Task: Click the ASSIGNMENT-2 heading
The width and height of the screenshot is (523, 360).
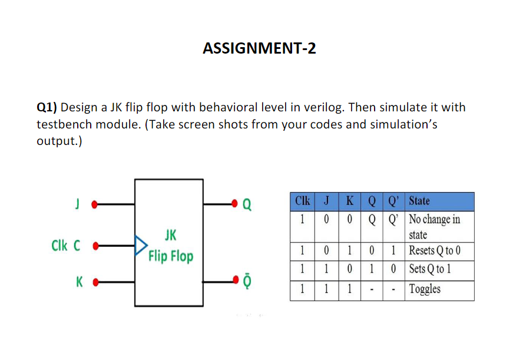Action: pos(259,48)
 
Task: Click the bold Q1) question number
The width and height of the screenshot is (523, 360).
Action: pos(47,108)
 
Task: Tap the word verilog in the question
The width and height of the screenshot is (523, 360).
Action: pos(322,108)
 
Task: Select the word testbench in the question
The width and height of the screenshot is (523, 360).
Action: pos(61,125)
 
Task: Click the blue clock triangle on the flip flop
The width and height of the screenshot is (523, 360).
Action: pos(141,243)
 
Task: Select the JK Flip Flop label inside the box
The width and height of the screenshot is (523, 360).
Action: pos(170,247)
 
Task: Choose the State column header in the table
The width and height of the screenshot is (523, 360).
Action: pos(419,201)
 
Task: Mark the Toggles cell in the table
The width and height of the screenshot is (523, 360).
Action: pos(425,290)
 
